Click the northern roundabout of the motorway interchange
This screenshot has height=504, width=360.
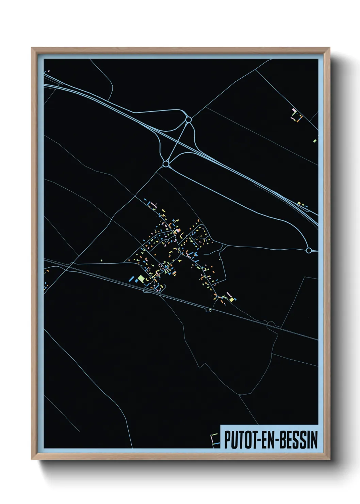point(188,120)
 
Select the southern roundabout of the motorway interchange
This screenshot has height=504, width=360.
point(166,164)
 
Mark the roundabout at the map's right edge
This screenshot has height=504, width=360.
point(309,251)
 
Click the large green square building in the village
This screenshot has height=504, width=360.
point(141,279)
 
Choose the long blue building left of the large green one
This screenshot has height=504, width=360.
point(131,279)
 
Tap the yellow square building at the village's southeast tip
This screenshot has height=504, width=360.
point(232,299)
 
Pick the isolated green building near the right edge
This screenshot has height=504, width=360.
point(315,140)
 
